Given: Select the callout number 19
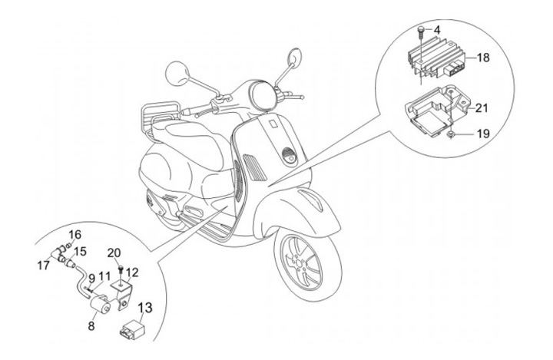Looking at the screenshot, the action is point(482,134).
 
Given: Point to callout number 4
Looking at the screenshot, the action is point(436,31).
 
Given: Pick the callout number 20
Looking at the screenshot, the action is point(114,253).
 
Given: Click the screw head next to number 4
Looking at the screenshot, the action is point(422,31).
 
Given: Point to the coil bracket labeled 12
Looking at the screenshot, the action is point(121,289).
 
